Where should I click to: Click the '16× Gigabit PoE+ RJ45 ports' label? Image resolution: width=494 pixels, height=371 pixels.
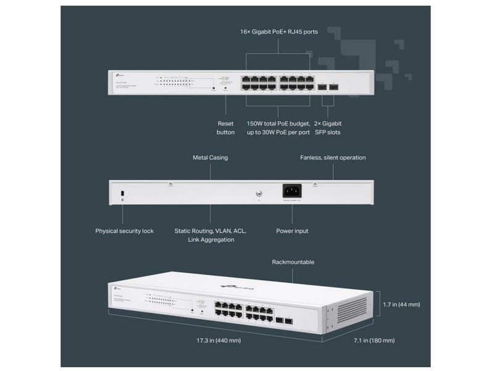(278, 32)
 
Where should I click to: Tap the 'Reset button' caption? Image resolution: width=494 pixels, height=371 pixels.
(225, 128)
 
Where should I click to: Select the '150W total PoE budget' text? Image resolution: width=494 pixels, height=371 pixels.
(278, 124)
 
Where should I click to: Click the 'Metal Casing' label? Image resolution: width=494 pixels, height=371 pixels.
(210, 158)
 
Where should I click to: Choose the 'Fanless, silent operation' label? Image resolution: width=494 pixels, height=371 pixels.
(333, 158)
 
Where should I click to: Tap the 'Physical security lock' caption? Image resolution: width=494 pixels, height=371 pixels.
(124, 231)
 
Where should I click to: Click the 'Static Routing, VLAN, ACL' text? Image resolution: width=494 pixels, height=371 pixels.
(211, 231)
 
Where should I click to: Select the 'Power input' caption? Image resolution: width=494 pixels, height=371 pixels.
(292, 231)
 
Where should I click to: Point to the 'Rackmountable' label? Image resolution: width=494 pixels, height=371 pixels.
(293, 262)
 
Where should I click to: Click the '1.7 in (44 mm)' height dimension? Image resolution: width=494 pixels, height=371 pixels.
(401, 304)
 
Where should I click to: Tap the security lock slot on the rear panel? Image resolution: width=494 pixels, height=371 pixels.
(122, 192)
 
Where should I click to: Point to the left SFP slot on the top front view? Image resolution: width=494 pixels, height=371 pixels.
(322, 87)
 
